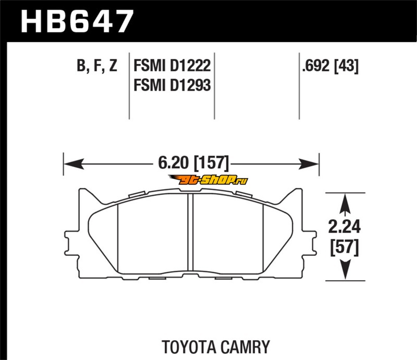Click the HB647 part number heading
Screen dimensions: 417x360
pyautogui.click(x=77, y=21)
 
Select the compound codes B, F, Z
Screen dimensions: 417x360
pyautogui.click(x=97, y=66)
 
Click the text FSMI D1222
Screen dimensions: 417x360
pyautogui.click(x=172, y=66)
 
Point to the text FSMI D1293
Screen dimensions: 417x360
pyautogui.click(x=172, y=85)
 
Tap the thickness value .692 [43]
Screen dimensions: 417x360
pyautogui.click(x=330, y=66)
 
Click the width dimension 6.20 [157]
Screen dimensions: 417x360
pyautogui.click(x=193, y=163)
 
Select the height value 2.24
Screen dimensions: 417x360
pyautogui.click(x=345, y=227)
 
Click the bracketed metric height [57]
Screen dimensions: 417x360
pyautogui.click(x=345, y=247)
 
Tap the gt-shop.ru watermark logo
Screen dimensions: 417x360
pyautogui.click(x=208, y=180)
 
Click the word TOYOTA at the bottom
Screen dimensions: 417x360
pyautogui.click(x=188, y=346)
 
